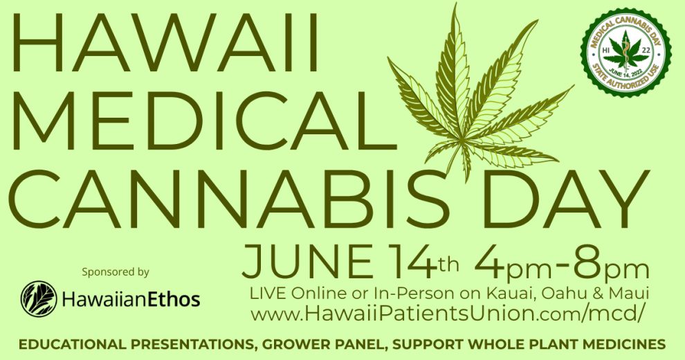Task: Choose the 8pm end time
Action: [x=611, y=264]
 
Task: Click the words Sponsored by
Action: [x=116, y=272]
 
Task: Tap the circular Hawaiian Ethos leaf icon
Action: [x=39, y=299]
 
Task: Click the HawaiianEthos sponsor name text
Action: [x=131, y=300]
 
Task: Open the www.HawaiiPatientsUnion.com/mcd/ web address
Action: [x=447, y=313]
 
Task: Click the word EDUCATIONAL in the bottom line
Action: [x=73, y=343]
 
